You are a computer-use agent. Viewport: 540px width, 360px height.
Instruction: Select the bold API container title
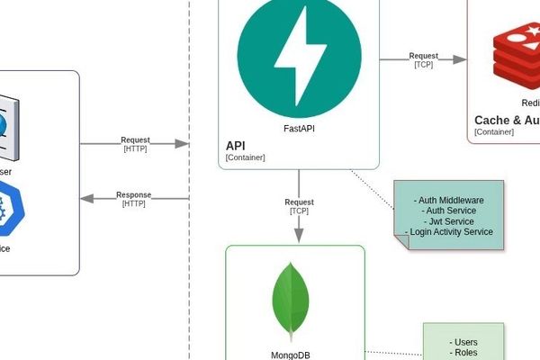click(x=235, y=145)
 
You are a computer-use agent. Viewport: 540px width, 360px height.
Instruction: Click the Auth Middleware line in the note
click(x=449, y=199)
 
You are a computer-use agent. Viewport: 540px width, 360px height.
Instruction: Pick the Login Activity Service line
click(x=449, y=231)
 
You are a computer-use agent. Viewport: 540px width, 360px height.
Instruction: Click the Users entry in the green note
click(x=463, y=342)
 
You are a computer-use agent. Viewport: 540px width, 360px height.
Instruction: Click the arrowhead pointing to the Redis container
click(x=460, y=59)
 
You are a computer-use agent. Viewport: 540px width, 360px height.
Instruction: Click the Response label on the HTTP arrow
click(x=134, y=194)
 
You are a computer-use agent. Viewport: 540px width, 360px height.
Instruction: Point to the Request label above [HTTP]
click(x=135, y=140)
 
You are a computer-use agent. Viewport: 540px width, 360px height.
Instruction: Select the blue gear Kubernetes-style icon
click(x=7, y=206)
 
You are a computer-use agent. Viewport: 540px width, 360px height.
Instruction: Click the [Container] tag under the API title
click(x=245, y=157)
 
